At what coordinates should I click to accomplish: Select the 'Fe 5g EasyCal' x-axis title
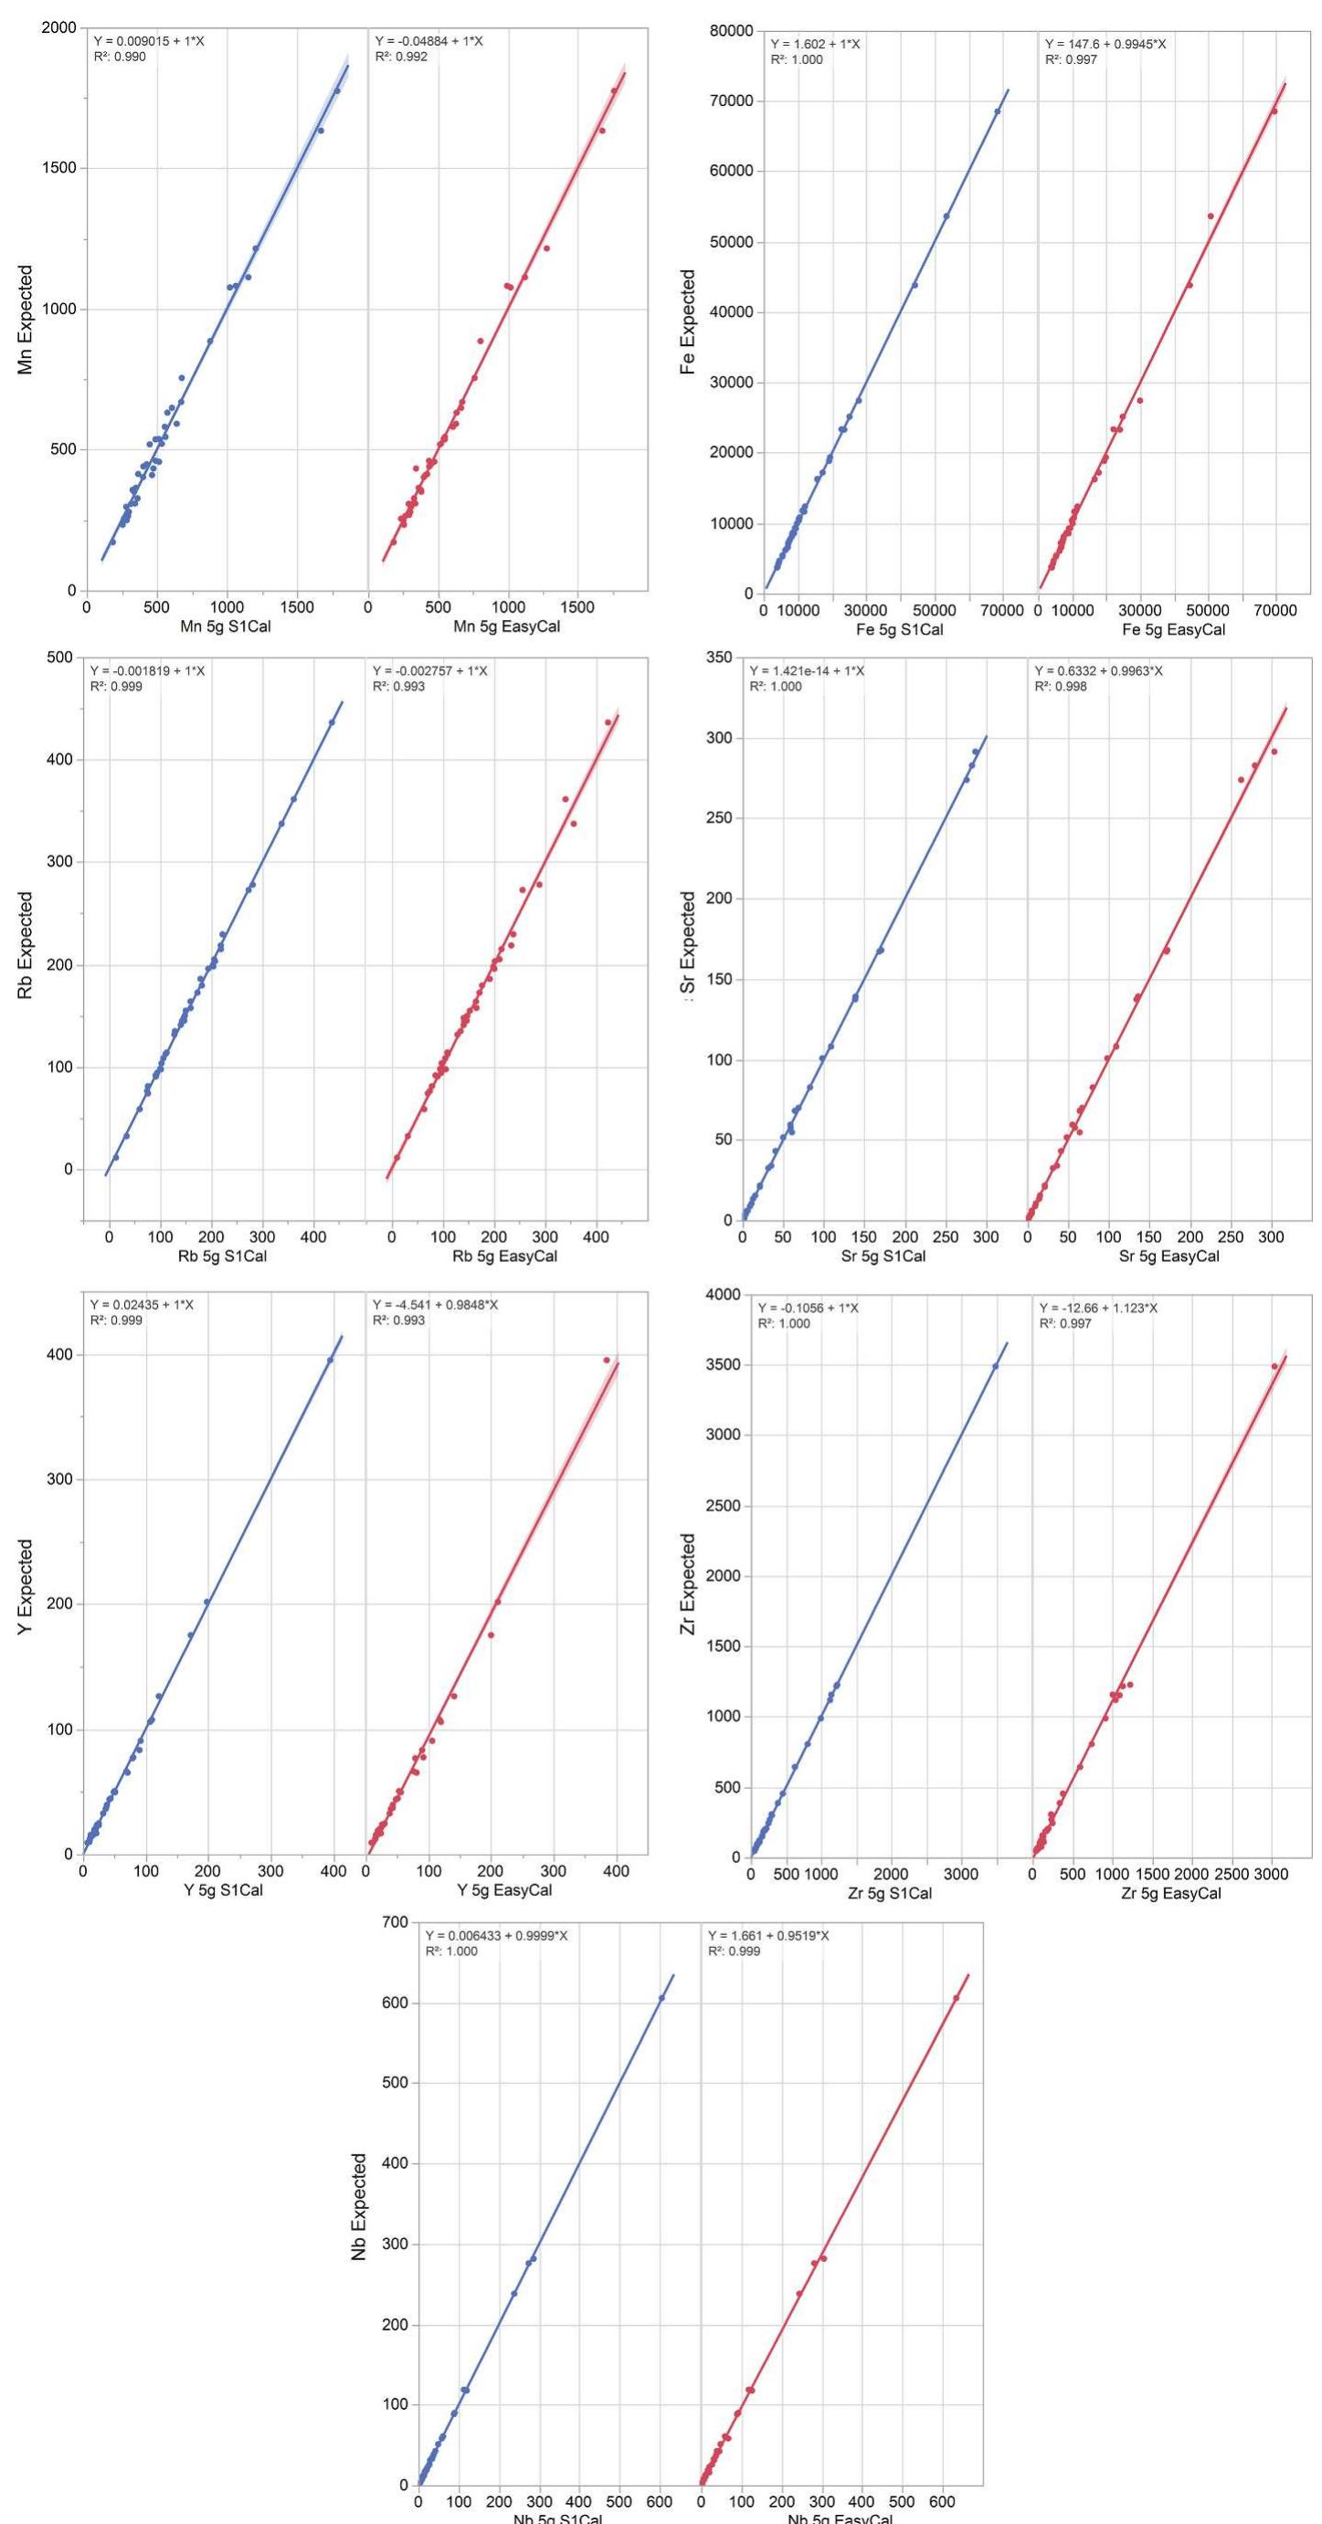[x=1173, y=630]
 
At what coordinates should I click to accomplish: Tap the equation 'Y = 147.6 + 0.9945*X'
[x=1105, y=44]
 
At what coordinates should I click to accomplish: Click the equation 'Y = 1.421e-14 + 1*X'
[x=807, y=670]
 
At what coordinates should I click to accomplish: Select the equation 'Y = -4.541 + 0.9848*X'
[x=435, y=1304]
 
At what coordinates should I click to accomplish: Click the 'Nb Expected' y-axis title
[x=359, y=2205]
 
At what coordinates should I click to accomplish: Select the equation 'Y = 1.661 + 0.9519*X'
[x=767, y=1935]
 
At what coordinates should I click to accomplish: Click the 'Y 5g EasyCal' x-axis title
[x=507, y=1890]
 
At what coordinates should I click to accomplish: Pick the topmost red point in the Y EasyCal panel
[x=607, y=1360]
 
